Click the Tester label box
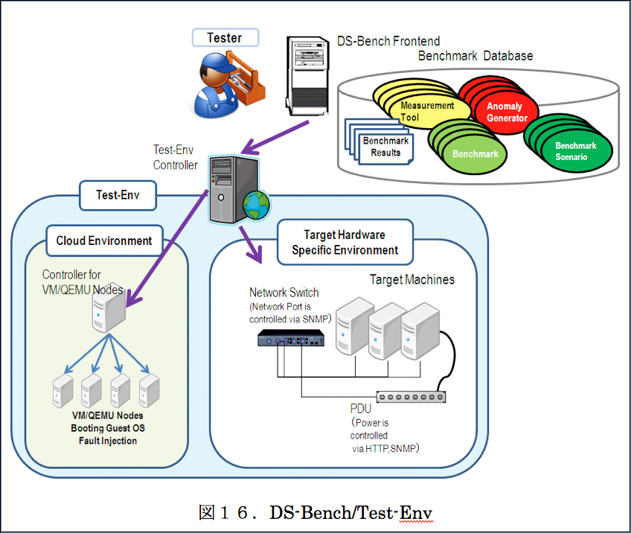coord(224,38)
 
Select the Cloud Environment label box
coord(104,240)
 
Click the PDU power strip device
coord(411,397)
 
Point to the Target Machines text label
coord(412,280)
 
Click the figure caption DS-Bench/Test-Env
coord(315,513)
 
